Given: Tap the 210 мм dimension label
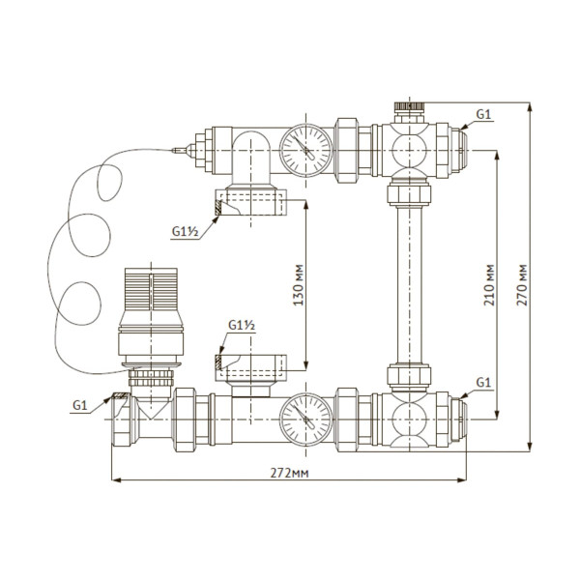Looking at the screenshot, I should point(489,285).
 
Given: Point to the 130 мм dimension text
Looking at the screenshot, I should point(299,287).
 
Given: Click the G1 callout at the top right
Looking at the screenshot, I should point(484,114).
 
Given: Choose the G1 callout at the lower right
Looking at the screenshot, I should point(484,384).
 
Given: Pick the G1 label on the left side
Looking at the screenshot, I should point(81,405).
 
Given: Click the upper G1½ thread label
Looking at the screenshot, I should point(185,232).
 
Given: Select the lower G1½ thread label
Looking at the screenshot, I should point(241,326).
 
